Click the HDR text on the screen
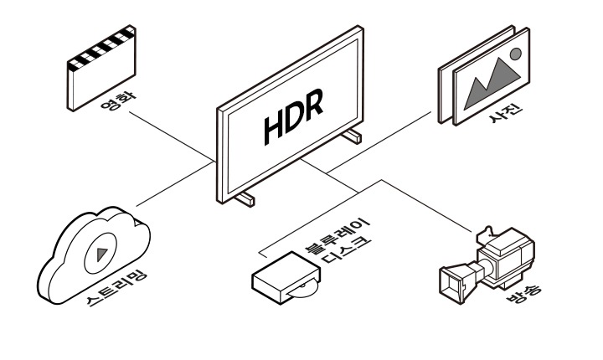293,116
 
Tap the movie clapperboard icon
101,68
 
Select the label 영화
118,100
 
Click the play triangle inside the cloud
102,254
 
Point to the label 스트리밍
116,289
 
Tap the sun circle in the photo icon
516,54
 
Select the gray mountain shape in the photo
492,84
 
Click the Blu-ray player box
286,278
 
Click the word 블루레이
337,234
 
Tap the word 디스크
346,250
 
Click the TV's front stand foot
245,199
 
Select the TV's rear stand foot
352,136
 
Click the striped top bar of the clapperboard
101,48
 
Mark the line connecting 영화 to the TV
173,136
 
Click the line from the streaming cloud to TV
175,184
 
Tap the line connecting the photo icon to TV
379,142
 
